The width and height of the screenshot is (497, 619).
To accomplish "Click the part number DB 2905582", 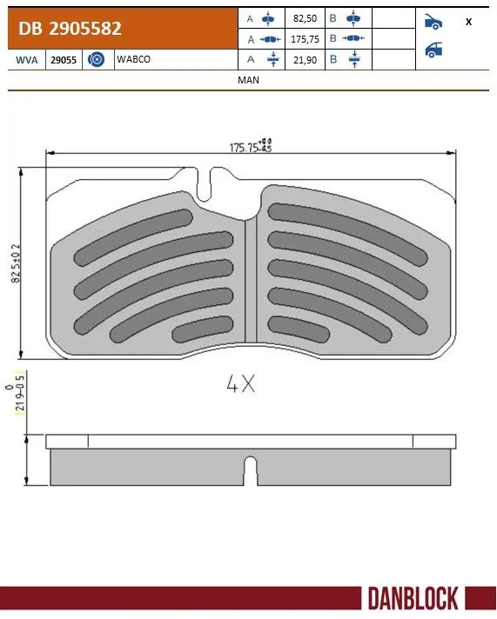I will tap(71, 28).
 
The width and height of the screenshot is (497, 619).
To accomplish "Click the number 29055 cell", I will tap(64, 59).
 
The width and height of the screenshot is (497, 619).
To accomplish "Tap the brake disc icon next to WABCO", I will tap(97, 59).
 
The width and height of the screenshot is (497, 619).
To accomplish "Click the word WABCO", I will tap(128, 59).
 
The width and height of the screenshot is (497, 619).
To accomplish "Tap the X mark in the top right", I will tap(469, 22).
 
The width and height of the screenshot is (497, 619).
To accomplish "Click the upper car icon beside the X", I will tap(433, 22).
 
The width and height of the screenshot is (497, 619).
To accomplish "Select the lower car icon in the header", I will tap(433, 50).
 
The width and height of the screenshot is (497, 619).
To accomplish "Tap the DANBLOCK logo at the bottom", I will tap(413, 599).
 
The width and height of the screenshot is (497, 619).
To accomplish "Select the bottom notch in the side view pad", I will tap(250, 470).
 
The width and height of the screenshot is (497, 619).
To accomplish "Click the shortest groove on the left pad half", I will tap(199, 330).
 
